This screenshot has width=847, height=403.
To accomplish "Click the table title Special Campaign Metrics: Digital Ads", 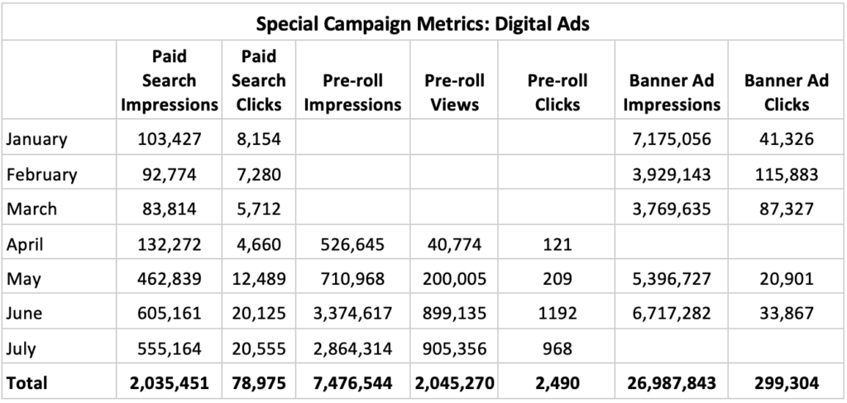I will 423,23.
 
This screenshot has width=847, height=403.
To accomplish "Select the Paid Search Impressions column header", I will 169,81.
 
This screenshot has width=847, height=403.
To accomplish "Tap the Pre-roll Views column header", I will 454,93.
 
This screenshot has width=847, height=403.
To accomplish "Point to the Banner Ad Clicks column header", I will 787,93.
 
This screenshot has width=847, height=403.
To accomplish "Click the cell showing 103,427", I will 169,139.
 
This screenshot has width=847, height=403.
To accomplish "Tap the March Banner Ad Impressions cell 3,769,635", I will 671,209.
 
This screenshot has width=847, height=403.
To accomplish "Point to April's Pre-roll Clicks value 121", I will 557,244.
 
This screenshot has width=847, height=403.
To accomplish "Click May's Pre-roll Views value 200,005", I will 454,279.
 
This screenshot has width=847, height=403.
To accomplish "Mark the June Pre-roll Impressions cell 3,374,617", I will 352,314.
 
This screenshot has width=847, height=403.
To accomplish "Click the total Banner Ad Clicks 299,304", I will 787,383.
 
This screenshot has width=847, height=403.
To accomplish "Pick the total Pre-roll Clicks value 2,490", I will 557,383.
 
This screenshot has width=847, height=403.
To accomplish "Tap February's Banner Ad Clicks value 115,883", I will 787,175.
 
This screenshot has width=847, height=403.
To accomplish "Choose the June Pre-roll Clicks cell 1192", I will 557,314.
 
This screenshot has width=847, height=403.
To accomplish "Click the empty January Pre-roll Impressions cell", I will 352,139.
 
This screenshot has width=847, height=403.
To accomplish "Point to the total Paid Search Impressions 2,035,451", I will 169,383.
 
